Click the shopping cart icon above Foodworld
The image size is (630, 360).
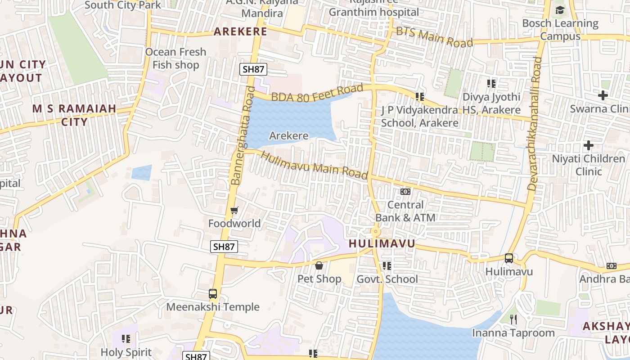[x=234, y=210]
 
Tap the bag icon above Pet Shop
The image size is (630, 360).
[x=319, y=265]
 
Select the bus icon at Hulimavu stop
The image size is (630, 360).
[x=509, y=258]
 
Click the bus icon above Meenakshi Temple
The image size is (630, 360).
[x=213, y=294]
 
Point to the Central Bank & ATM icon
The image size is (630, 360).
[x=405, y=192]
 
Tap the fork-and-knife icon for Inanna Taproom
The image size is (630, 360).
[x=513, y=319]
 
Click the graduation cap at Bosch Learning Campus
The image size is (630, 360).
[x=560, y=10]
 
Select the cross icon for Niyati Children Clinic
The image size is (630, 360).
[x=588, y=145]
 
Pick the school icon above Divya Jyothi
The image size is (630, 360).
[x=491, y=83]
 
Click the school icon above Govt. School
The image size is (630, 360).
[x=387, y=266]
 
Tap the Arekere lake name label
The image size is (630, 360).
[x=289, y=135]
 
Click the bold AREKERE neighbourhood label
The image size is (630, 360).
[x=240, y=31]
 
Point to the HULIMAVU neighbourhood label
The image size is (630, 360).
[x=382, y=244]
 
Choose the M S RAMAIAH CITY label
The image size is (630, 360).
[x=74, y=115]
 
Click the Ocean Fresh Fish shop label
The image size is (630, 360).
[x=175, y=58]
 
